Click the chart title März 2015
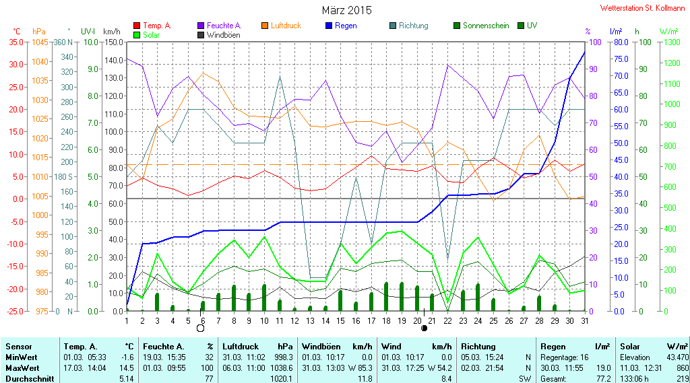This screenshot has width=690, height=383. tap(347, 10)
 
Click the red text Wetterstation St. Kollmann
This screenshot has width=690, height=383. tap(642, 8)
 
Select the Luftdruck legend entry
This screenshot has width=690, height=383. tap(282, 26)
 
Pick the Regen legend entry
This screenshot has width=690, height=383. tap(341, 26)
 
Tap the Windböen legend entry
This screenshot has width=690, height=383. tap(219, 35)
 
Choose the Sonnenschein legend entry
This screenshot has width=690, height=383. tap(481, 26)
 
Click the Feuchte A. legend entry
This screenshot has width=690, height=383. tap(220, 26)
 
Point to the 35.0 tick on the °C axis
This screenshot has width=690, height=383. tap(16, 42)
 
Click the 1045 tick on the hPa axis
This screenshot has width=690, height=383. tap(40, 42)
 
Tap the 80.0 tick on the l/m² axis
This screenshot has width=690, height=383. tap(621, 42)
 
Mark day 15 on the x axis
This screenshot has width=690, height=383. tap(340, 321)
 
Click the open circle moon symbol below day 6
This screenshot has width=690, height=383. tap(201, 328)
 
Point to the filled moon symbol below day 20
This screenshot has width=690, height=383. tap(425, 328)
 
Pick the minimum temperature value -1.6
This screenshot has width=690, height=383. tap(127, 357)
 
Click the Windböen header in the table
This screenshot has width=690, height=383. tap(320, 347)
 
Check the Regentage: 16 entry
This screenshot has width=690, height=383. tap(564, 357)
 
